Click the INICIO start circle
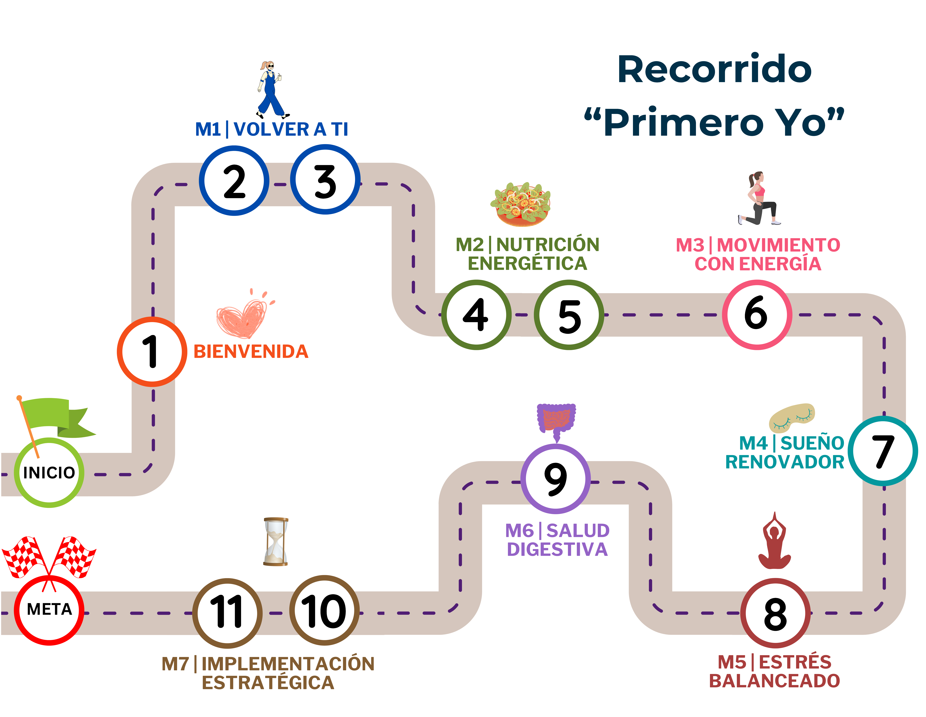coord(49,472)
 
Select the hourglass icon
coord(276,542)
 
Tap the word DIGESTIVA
coord(557,550)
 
